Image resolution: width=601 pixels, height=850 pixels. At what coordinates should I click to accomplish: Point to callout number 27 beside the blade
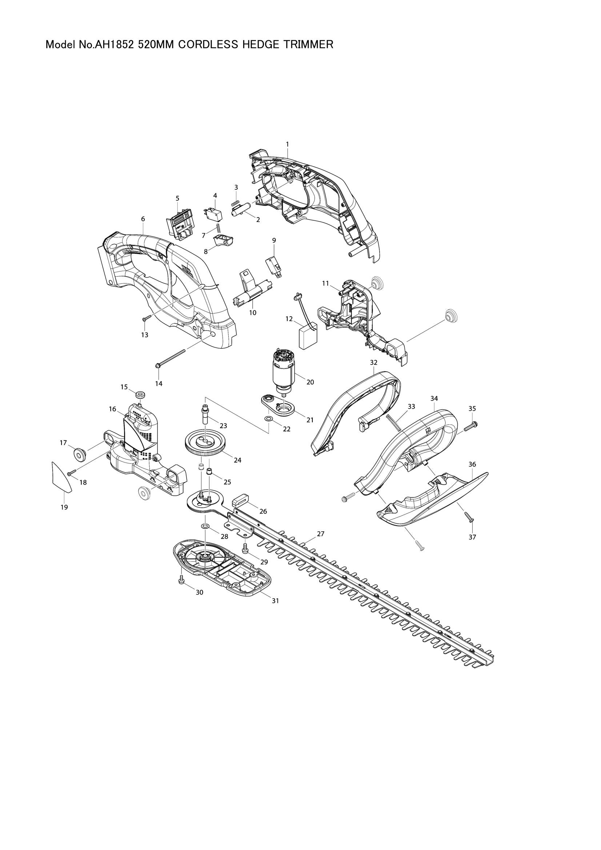pos(321,534)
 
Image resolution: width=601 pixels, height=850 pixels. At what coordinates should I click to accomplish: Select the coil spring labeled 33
pos(394,423)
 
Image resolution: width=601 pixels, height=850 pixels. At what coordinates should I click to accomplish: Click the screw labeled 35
pos(470,426)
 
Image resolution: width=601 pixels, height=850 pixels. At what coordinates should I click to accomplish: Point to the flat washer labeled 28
pos(205,526)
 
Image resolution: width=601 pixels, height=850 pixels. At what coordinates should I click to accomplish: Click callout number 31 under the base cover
pos(275,601)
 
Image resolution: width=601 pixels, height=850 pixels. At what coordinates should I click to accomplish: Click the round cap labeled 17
pos(79,454)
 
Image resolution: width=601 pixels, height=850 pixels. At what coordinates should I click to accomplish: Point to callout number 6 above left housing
pos(143,219)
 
